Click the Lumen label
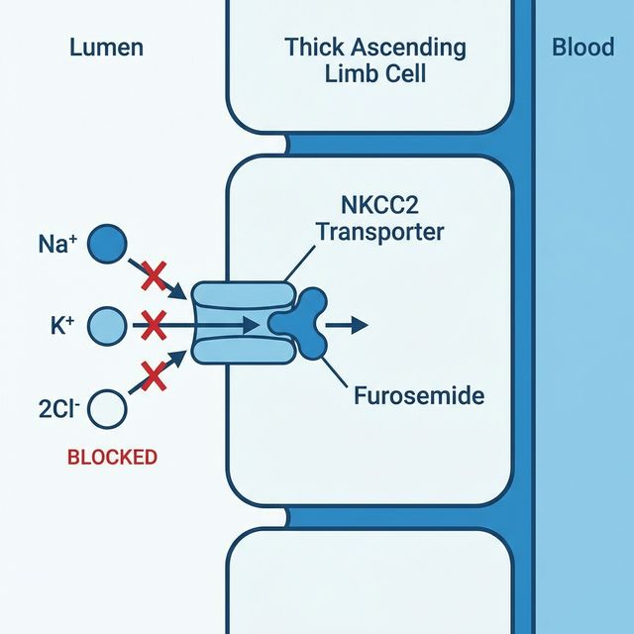[107, 47]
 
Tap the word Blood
[582, 47]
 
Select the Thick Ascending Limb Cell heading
[374, 60]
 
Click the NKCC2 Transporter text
[378, 219]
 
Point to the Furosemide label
[419, 396]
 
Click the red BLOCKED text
[112, 457]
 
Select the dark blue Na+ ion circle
[107, 244]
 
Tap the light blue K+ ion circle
[107, 324]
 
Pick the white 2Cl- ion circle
[107, 406]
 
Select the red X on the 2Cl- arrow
[154, 374]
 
